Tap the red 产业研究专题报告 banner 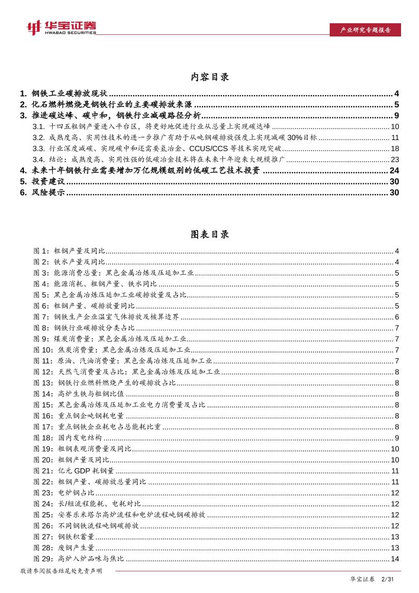tap(364, 30)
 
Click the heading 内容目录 tap(210, 77)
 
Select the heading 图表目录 tap(210, 235)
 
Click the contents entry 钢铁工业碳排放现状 tap(69, 93)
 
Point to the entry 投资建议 tap(49, 181)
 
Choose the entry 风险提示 tap(49, 192)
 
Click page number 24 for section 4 tap(394, 170)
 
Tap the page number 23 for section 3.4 tap(394, 159)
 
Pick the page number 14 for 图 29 tap(395, 559)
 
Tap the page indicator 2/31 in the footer tap(388, 580)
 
